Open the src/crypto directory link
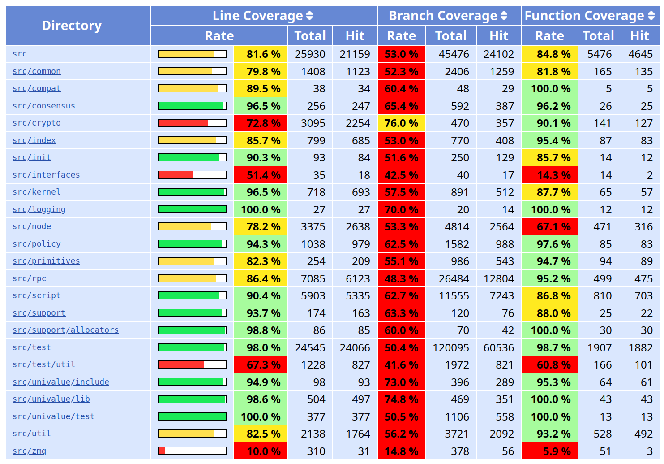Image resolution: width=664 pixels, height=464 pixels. [x=36, y=123]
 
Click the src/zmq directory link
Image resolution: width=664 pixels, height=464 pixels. [x=29, y=451]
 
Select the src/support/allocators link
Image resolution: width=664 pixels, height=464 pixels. [x=65, y=330]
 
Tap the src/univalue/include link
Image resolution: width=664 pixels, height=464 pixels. [x=61, y=382]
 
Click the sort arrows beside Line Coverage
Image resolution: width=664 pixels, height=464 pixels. [x=309, y=16]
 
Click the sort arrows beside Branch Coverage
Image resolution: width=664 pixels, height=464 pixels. [x=504, y=16]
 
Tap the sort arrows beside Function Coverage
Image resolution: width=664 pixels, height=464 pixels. [x=651, y=16]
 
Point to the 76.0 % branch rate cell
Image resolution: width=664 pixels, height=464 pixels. [x=401, y=123]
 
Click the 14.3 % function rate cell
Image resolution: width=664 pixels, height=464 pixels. [x=549, y=175]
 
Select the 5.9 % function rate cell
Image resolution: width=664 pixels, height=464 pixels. [x=549, y=451]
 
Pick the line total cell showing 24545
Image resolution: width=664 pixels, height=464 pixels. [x=310, y=347]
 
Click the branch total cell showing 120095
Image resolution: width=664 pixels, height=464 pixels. [x=451, y=347]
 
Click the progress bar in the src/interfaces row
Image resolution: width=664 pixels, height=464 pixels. [x=192, y=175]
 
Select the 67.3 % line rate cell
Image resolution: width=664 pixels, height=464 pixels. [x=261, y=365]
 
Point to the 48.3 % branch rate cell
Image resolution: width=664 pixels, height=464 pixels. [x=401, y=279]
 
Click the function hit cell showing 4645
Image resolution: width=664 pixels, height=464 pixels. [x=640, y=54]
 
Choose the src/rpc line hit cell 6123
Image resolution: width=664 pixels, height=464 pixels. [x=355, y=279]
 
